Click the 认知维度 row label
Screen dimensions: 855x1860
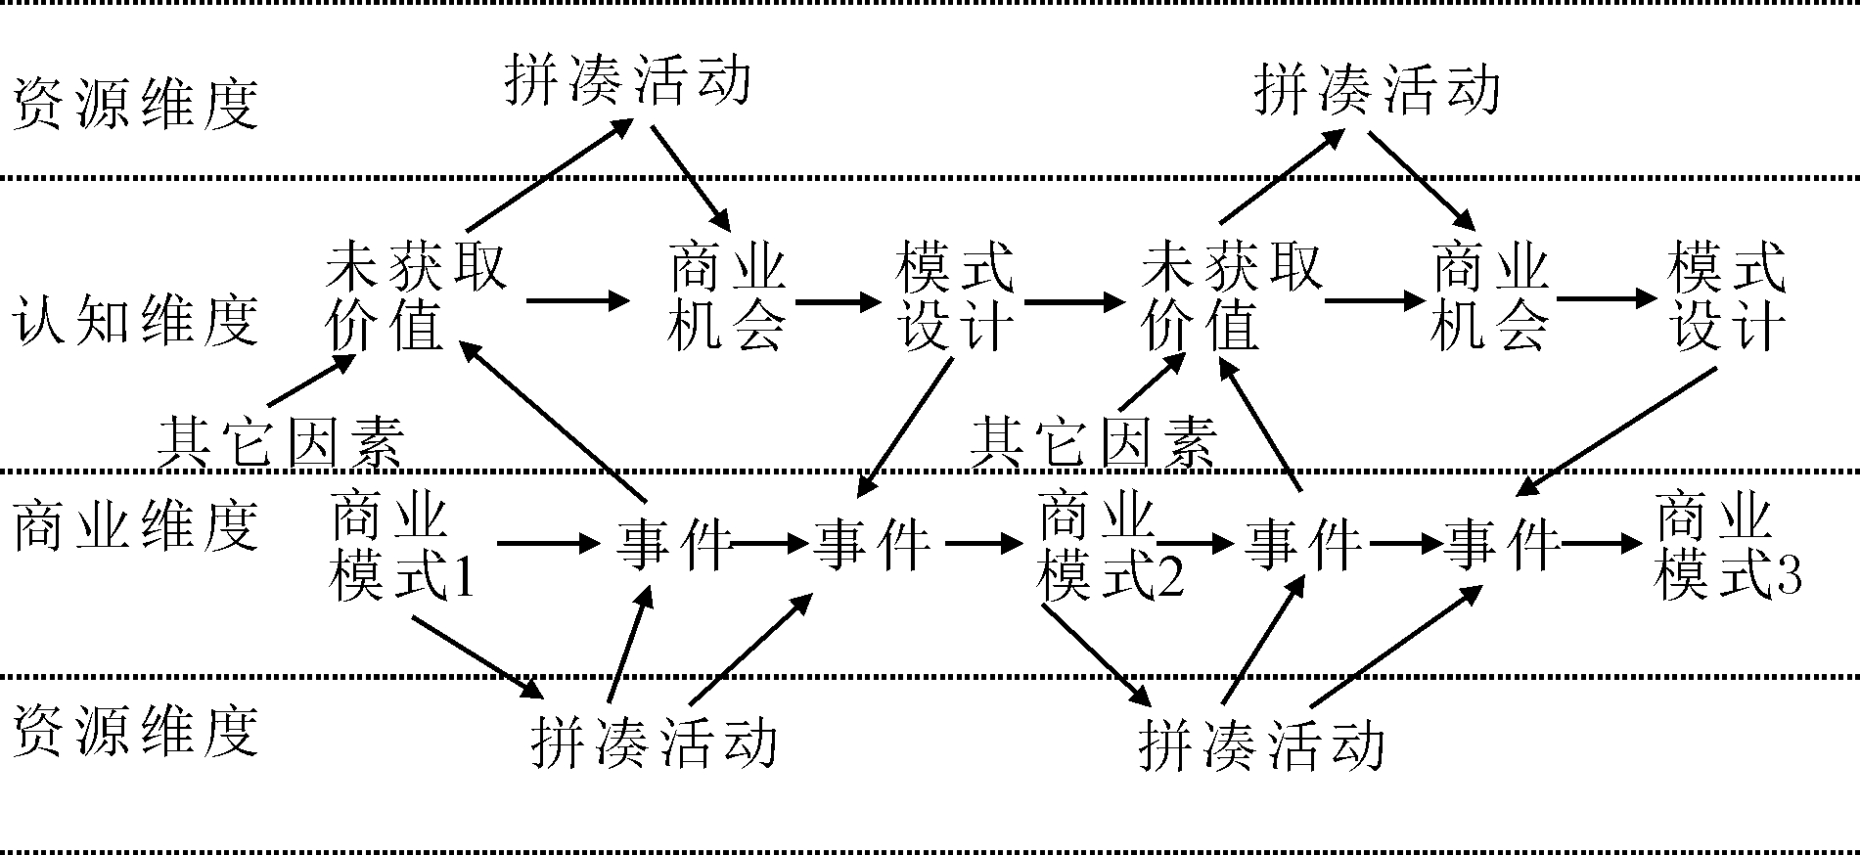[x=135, y=320]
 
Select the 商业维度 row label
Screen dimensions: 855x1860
[x=135, y=525]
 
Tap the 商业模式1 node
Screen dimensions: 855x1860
[x=401, y=548]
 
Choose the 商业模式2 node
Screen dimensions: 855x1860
[x=1109, y=548]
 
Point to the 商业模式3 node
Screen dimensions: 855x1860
[x=1726, y=548]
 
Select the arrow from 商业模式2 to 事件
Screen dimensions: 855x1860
[x=1194, y=543]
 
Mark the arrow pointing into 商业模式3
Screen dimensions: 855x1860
[x=1603, y=543]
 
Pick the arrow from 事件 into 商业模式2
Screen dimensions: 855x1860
[x=982, y=543]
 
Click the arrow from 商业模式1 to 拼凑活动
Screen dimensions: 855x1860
[x=476, y=655]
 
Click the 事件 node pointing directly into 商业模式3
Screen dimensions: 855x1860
[x=1502, y=544]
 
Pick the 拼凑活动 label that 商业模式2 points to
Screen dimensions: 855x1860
[x=1261, y=743]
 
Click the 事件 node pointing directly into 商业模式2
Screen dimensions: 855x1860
[x=873, y=544]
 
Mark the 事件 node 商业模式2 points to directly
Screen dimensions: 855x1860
[x=1302, y=544]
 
